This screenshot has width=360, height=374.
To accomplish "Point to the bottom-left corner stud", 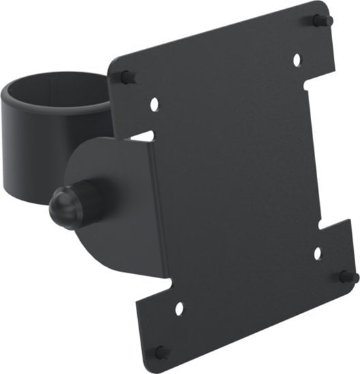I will [160, 352].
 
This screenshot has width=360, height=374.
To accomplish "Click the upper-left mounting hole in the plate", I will [154, 105].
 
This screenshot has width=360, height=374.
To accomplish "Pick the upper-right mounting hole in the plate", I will [297, 60].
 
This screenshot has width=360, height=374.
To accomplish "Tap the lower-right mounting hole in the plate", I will [317, 254].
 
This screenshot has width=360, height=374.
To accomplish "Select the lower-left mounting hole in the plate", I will [179, 308].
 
